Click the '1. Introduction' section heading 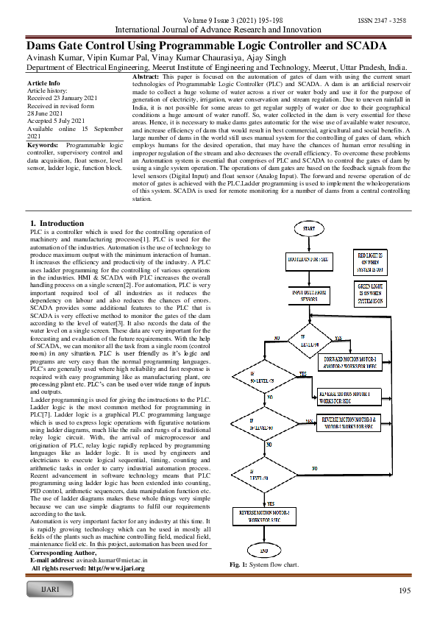click(x=57, y=222)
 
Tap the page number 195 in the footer click(x=404, y=591)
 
